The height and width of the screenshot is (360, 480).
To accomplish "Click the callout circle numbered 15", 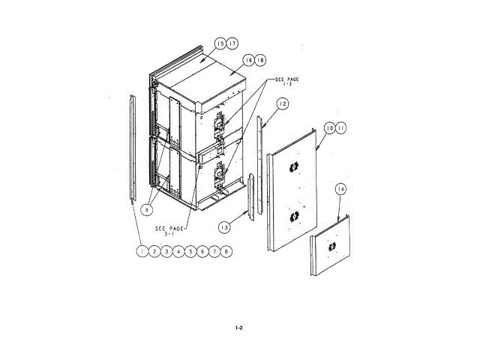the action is tap(220, 43).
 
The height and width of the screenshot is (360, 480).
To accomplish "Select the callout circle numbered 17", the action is tap(232, 43).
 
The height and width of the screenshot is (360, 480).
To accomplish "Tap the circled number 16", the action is tap(248, 59).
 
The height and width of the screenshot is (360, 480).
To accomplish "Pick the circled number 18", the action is tap(260, 59).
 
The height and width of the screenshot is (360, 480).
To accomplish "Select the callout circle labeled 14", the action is tap(340, 190).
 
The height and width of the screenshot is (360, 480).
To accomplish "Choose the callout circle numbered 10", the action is tap(330, 129).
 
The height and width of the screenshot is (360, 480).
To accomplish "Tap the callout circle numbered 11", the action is tap(342, 129).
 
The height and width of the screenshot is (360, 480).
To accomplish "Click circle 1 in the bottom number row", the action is tap(141, 252).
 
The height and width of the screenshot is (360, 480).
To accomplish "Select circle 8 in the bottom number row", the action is tap(227, 252).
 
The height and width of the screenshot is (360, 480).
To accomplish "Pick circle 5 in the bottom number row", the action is tap(190, 252).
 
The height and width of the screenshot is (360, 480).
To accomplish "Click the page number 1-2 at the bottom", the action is tap(239, 328).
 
